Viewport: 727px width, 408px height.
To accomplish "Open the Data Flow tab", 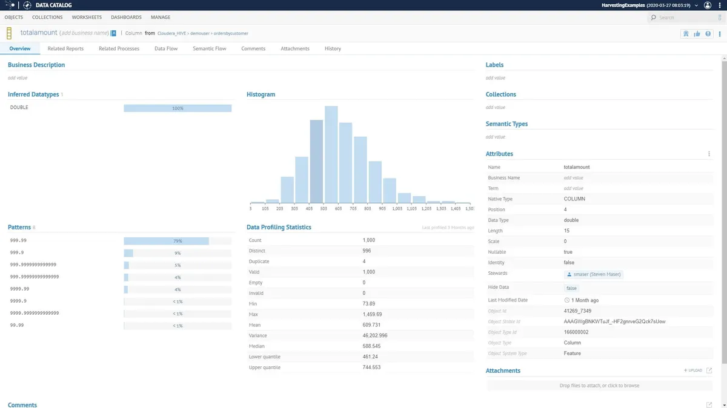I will pyautogui.click(x=166, y=48).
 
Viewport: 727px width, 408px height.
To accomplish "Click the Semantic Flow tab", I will pyautogui.click(x=209, y=48).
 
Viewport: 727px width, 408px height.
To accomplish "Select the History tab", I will pyautogui.click(x=333, y=48).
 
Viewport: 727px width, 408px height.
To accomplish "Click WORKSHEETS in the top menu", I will pyautogui.click(x=87, y=18).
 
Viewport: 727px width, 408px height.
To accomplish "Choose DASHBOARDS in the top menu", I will pyautogui.click(x=126, y=18).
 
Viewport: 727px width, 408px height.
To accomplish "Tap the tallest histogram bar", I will pyautogui.click(x=331, y=154).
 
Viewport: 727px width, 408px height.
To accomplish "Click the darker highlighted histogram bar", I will pyautogui.click(x=316, y=162).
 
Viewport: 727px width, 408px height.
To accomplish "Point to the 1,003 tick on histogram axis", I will pyautogui.click(x=397, y=208).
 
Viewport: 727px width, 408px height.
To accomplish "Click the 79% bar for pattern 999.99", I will pyautogui.click(x=167, y=241).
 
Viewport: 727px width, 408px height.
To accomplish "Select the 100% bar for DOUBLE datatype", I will pyautogui.click(x=178, y=108).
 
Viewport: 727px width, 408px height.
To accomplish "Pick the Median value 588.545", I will pyautogui.click(x=371, y=346).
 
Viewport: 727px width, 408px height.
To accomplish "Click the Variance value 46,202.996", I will pyautogui.click(x=374, y=335).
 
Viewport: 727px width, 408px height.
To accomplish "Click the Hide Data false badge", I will pyautogui.click(x=571, y=288).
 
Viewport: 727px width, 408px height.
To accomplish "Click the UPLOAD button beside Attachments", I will pyautogui.click(x=693, y=370).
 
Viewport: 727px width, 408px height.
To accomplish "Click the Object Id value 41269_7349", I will pyautogui.click(x=577, y=311).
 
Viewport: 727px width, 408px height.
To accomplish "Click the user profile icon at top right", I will pyautogui.click(x=707, y=5).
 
